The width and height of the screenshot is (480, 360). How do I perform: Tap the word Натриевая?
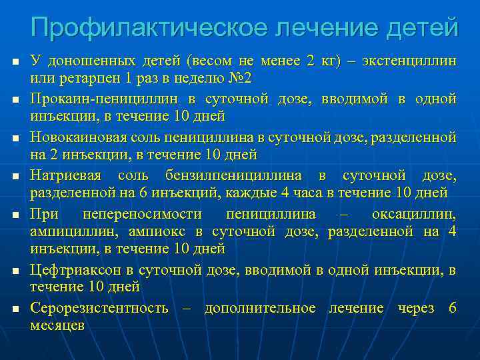[65, 177]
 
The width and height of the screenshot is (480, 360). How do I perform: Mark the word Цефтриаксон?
[73, 270]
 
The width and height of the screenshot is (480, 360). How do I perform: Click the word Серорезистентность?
[99, 309]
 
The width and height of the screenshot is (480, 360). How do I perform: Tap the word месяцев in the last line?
[57, 325]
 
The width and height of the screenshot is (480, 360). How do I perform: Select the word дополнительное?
[260, 309]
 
